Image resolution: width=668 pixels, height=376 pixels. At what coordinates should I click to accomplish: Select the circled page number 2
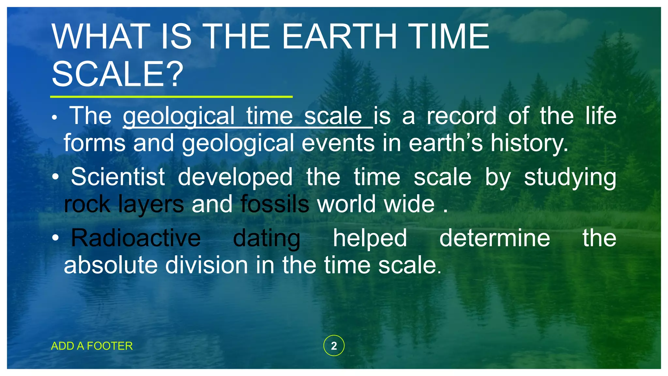[x=334, y=346]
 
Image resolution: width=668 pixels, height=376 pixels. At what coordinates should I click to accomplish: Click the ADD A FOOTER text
[x=92, y=346]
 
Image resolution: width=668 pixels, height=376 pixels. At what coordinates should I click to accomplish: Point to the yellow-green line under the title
[x=171, y=97]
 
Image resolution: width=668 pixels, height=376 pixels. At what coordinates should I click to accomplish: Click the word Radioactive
[x=136, y=238]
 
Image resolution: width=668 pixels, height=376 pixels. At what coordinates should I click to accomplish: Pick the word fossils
[x=275, y=204]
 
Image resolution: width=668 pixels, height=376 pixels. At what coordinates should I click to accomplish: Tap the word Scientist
[x=118, y=177]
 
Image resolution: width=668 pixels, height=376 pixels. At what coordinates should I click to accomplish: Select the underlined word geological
[x=178, y=116]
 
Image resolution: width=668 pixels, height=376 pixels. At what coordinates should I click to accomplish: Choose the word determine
[x=494, y=238]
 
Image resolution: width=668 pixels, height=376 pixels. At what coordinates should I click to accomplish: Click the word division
[x=206, y=265]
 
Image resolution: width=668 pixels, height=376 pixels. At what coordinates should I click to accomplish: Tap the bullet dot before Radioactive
[x=56, y=238]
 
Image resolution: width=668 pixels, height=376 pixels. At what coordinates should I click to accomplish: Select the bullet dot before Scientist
[x=56, y=177]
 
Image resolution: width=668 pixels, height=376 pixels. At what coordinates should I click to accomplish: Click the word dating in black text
[x=266, y=238]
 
